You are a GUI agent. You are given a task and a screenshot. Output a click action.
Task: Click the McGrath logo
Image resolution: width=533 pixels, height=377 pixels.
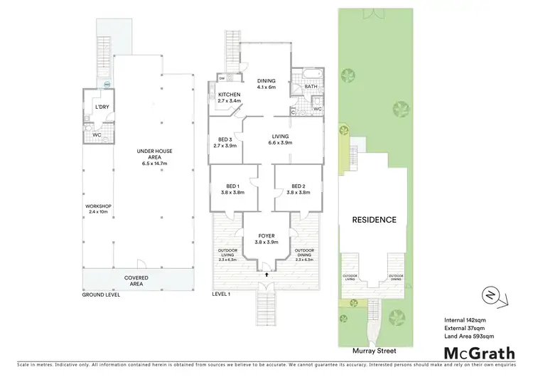[x=480, y=352]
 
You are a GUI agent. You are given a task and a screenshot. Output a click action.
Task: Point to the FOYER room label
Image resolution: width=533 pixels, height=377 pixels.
[x=266, y=237]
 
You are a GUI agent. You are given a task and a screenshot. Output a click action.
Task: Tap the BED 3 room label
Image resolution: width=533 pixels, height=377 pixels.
[x=224, y=142]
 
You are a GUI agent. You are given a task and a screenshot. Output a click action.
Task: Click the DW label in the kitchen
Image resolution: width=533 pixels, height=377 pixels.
[x=222, y=78]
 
